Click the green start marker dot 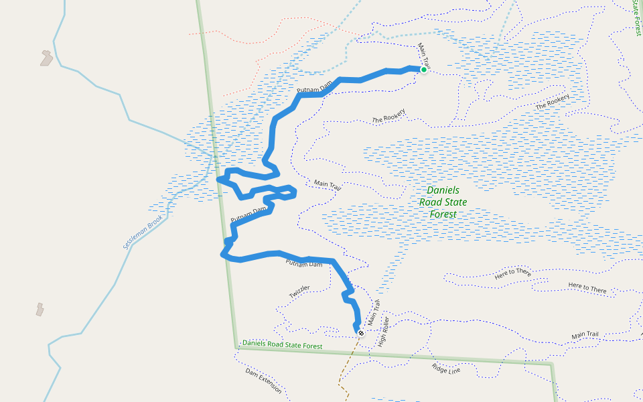(x=423, y=69)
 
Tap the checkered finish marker (x=361, y=333)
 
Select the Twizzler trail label (x=299, y=292)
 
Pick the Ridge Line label (x=446, y=368)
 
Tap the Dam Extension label (x=263, y=381)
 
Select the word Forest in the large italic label (x=443, y=214)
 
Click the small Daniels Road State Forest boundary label (x=282, y=344)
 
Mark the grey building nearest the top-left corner (x=46, y=58)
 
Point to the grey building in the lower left (x=41, y=309)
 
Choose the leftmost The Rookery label (x=389, y=117)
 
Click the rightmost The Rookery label (x=553, y=102)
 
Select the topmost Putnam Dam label (x=315, y=88)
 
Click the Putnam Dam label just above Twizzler (x=304, y=263)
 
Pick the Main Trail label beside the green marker (x=423, y=56)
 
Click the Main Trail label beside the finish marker (x=373, y=313)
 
